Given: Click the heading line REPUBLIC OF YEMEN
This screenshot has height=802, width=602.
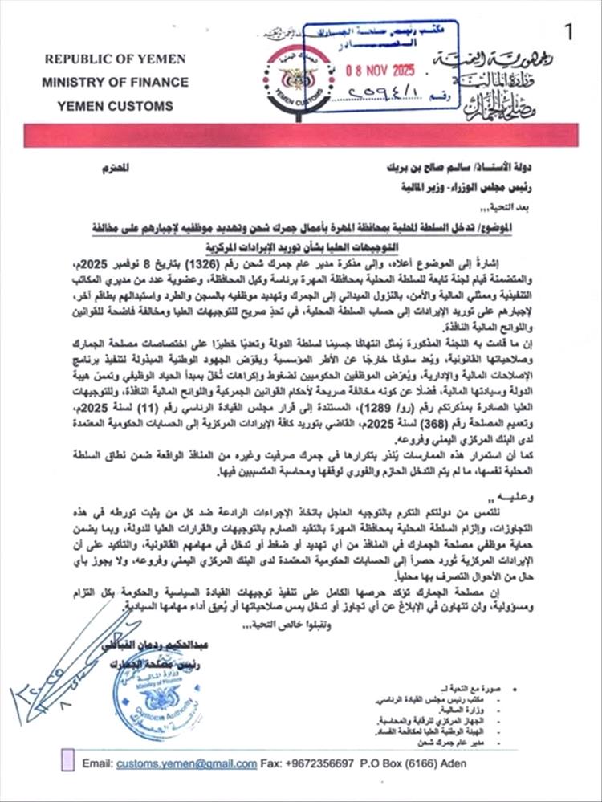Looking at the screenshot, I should point(115,59).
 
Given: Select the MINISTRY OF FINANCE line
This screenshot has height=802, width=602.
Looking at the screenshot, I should point(115,82).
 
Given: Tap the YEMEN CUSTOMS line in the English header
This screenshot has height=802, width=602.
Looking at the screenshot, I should point(115,105).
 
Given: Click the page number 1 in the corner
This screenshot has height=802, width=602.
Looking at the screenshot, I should point(569,33).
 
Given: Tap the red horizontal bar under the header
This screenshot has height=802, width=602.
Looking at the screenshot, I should point(300,135).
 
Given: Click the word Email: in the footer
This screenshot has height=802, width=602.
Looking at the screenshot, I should point(97,763).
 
